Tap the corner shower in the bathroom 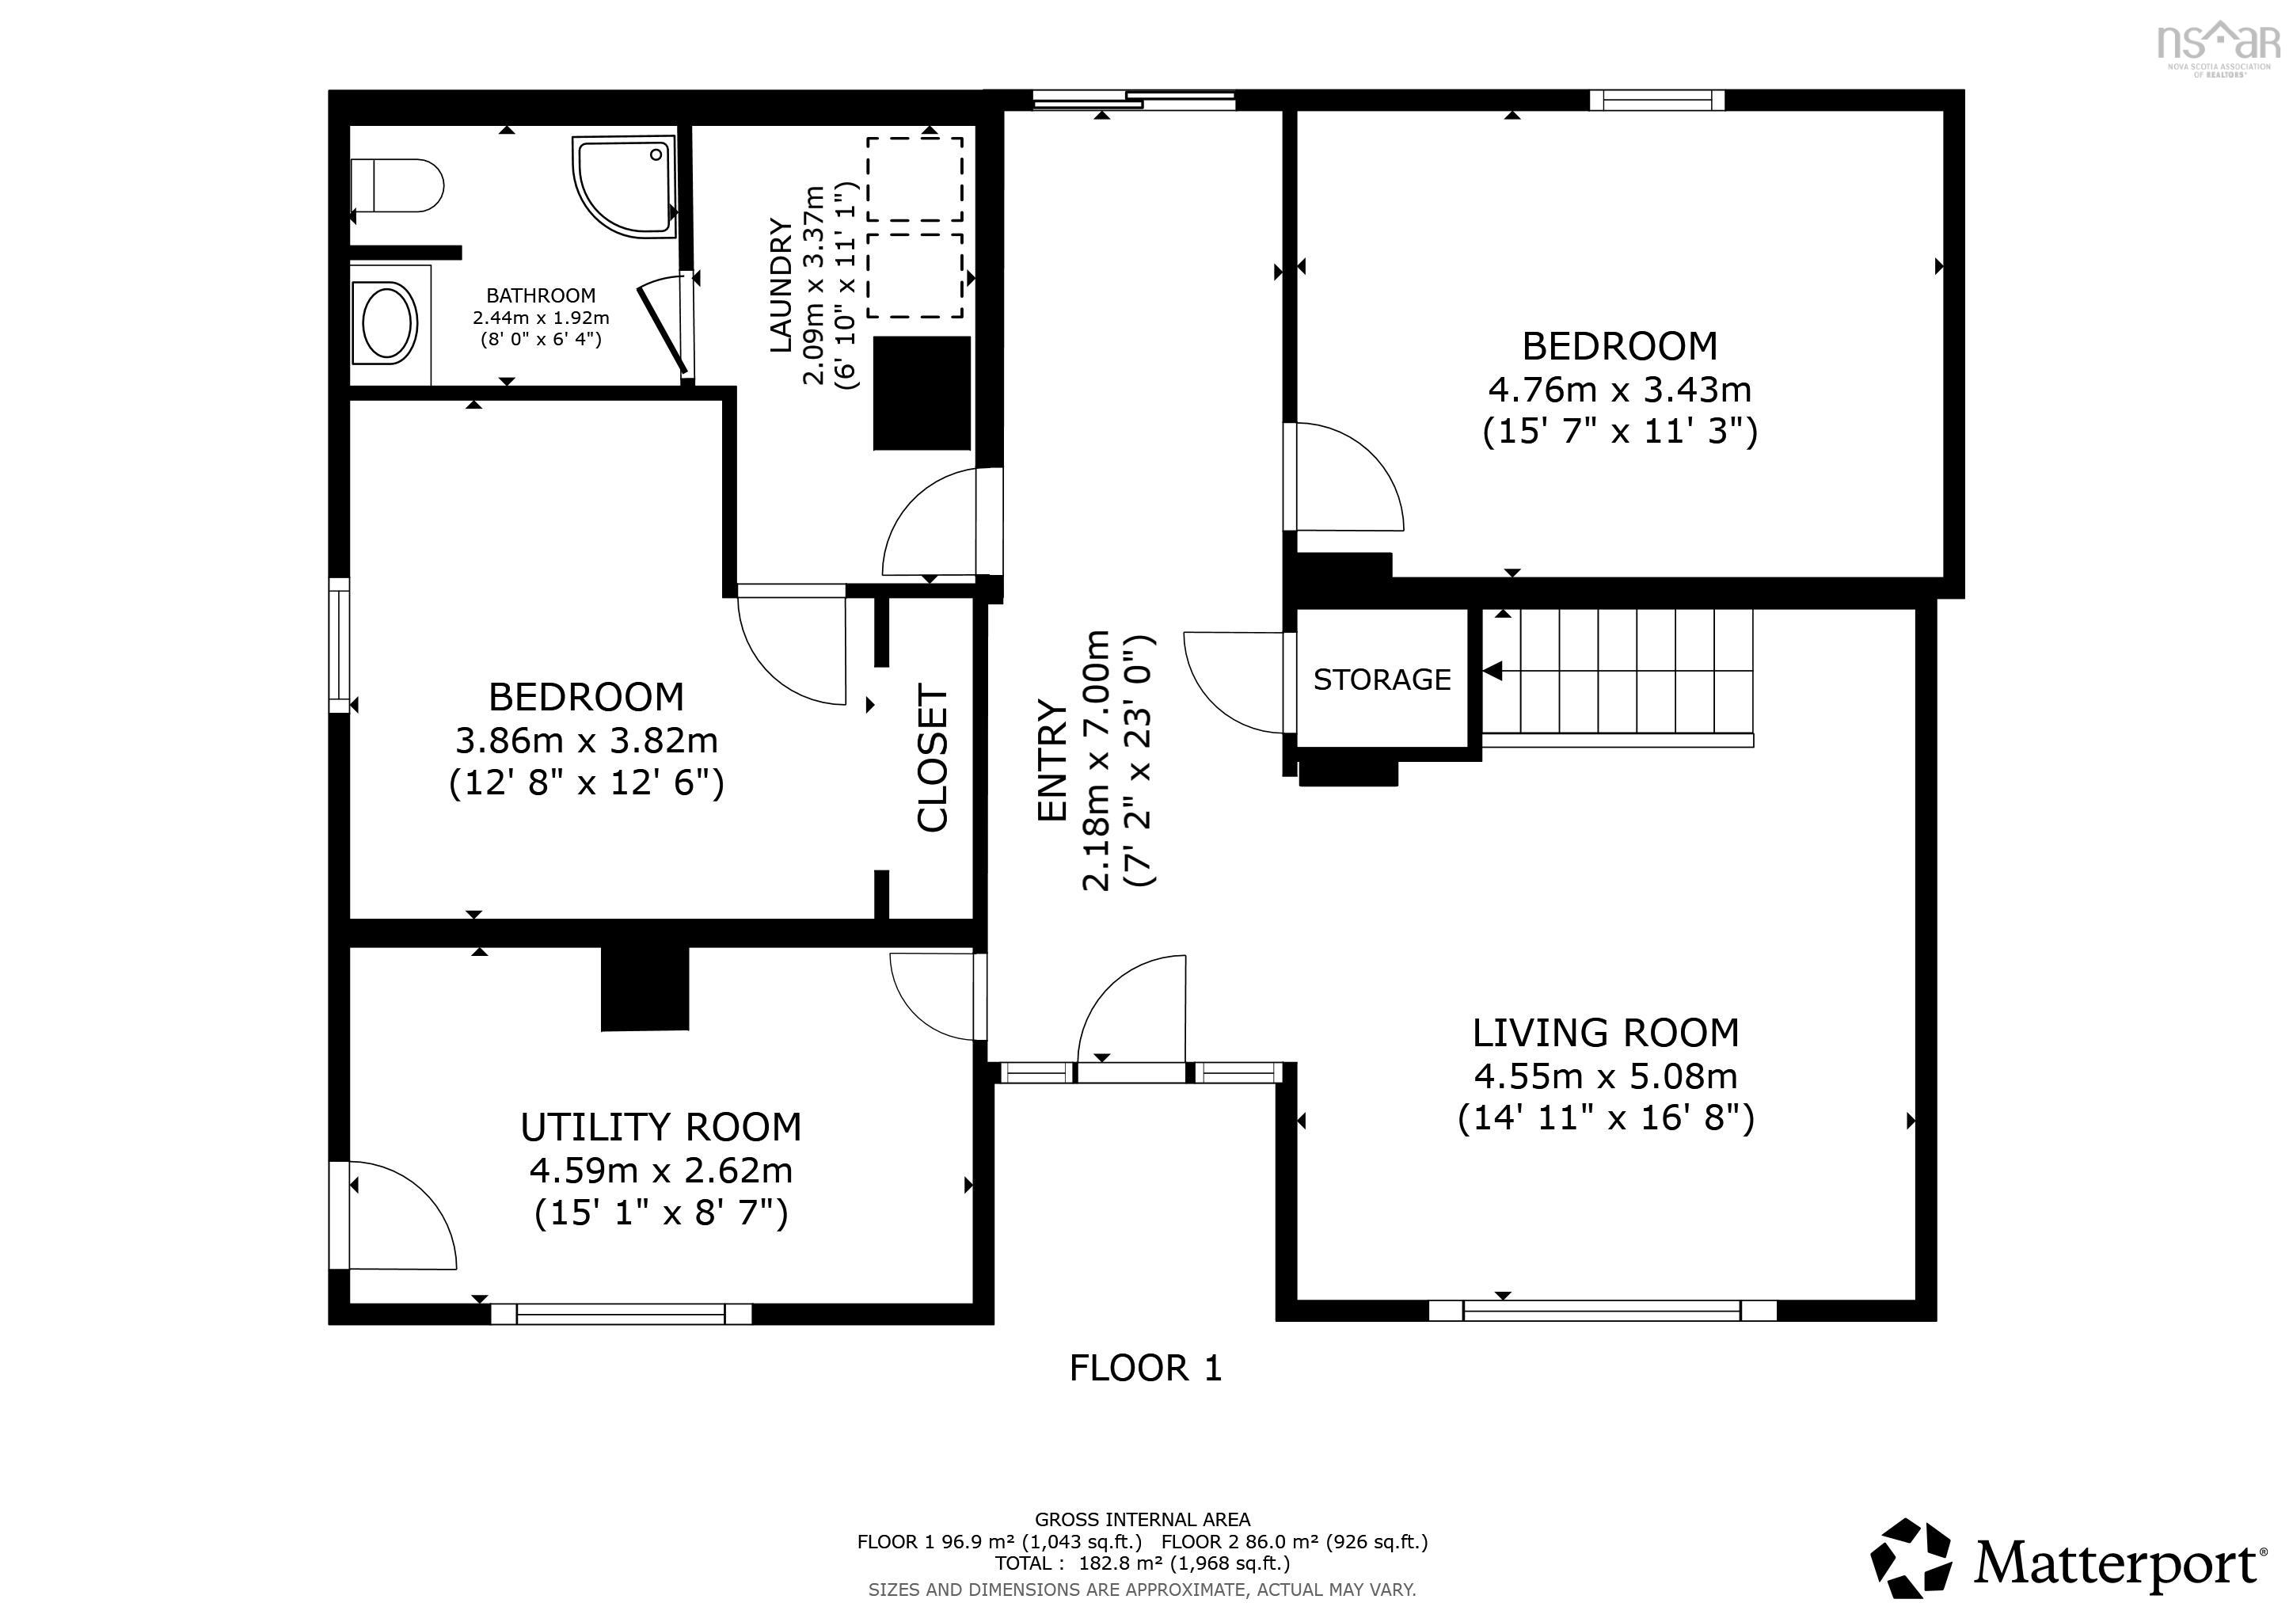pyautogui.click(x=626, y=187)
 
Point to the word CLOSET pyautogui.click(x=932, y=758)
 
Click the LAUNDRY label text pyautogui.click(x=781, y=284)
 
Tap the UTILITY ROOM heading pyautogui.click(x=661, y=1127)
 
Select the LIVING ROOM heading pyautogui.click(x=1606, y=1033)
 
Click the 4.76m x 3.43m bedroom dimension pyautogui.click(x=1620, y=389)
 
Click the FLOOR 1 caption pyautogui.click(x=1146, y=1367)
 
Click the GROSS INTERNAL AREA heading pyautogui.click(x=1143, y=1519)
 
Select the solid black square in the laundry pyautogui.click(x=922, y=394)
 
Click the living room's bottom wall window pyautogui.click(x=1602, y=1311)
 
